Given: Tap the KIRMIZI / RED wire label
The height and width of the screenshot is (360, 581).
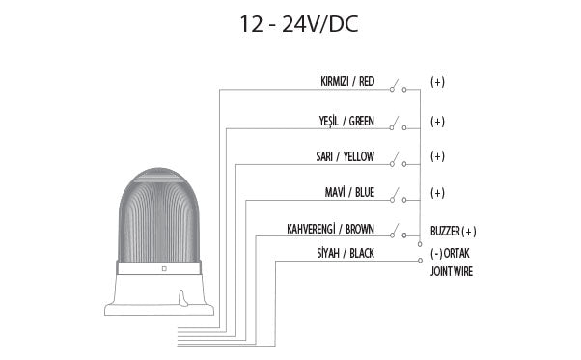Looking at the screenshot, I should coord(346,81).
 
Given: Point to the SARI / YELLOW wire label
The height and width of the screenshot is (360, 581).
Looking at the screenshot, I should coord(345,156).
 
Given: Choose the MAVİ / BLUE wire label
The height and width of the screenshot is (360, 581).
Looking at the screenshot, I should coord(350,192).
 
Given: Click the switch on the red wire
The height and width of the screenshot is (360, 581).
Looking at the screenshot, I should coord(398,87).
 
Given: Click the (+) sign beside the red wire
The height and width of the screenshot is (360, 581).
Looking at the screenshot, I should coord(437,82).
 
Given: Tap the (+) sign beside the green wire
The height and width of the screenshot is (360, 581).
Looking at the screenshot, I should coord(437,123).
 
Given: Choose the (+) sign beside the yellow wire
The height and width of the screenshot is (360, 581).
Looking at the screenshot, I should coord(437,156).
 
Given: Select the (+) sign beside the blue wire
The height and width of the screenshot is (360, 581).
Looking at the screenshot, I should coord(437,193).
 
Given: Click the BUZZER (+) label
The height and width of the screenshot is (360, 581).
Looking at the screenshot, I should coord(454,232).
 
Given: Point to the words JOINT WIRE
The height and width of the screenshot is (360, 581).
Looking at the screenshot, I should coord(452,272).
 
